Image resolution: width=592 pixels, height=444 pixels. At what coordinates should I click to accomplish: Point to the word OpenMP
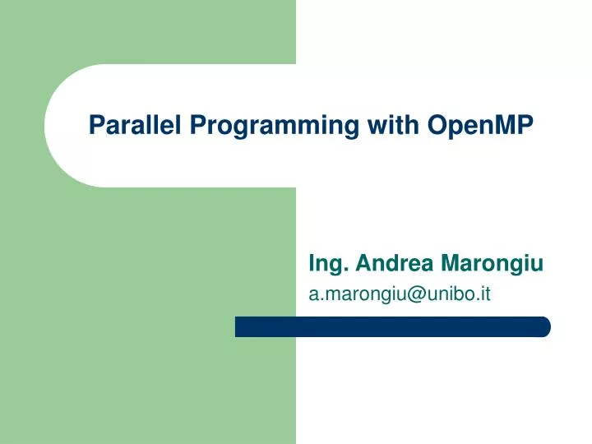point(480,125)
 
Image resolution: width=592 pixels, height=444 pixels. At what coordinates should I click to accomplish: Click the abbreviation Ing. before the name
point(326,264)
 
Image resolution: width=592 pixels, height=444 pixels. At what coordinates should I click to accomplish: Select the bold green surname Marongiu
point(492,263)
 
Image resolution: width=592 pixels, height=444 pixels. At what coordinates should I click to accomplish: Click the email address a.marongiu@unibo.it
point(399,294)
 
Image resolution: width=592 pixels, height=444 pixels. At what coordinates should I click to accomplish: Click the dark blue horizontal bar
point(392,327)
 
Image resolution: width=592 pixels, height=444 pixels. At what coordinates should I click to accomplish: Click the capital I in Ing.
point(311,263)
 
